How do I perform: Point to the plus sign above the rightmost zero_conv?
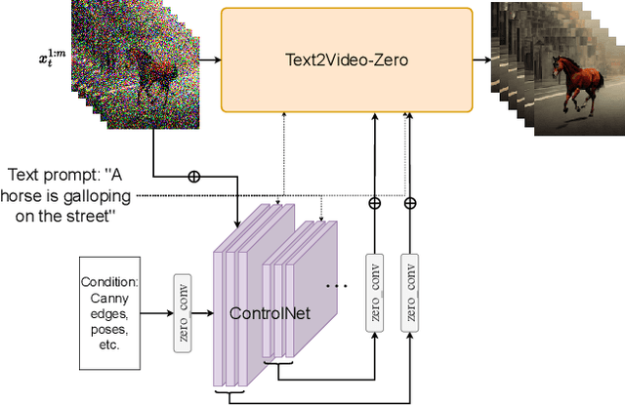click(x=410, y=203)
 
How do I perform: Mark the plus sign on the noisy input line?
click(x=193, y=176)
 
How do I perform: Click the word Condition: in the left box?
click(x=109, y=282)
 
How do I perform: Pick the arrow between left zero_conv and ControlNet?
click(x=202, y=313)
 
